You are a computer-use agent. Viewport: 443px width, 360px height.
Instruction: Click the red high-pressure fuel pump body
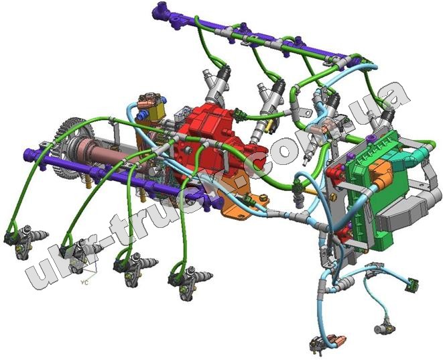pyautogui.click(x=214, y=141)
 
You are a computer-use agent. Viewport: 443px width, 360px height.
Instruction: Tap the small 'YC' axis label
pyautogui.click(x=84, y=282)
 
